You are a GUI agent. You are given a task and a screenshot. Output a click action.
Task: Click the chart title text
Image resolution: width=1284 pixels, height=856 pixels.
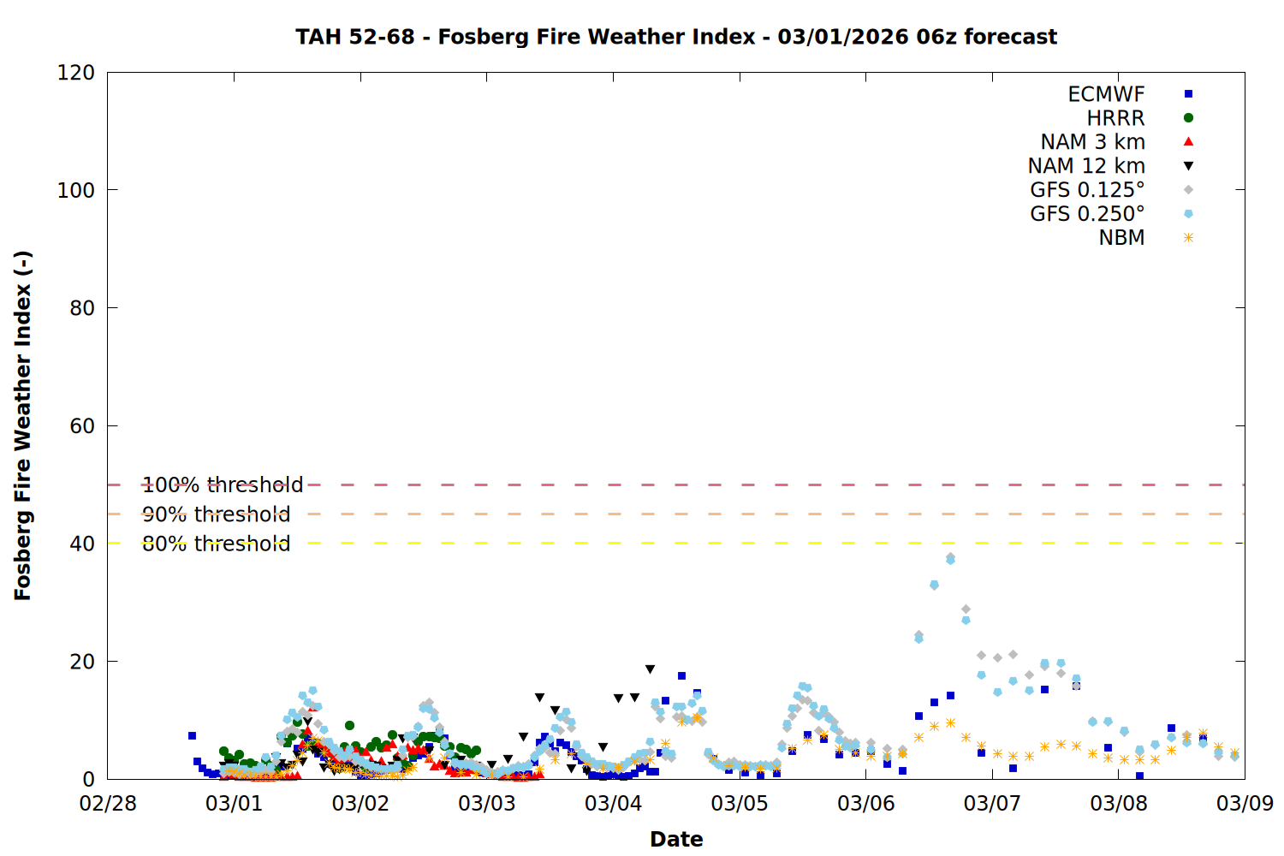point(676,37)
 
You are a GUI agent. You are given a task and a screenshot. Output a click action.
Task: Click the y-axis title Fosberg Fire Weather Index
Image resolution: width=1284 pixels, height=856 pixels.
point(23,425)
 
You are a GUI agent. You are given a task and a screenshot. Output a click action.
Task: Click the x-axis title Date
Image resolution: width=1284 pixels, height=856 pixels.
point(676,839)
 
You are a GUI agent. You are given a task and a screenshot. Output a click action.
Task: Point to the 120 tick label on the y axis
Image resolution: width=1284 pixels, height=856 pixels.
point(76,73)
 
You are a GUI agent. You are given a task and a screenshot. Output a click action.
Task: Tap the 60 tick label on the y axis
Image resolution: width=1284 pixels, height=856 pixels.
point(82,426)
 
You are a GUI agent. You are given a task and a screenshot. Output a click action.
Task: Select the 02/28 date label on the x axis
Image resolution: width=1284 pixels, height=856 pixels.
point(108,804)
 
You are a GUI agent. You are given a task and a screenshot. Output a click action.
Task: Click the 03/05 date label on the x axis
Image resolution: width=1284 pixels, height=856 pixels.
point(740,804)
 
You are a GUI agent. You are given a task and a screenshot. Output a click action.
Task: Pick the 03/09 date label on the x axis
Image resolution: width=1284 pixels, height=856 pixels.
point(1245,804)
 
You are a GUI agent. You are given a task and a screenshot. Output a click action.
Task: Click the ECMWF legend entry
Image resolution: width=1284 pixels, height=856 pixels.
point(1106,94)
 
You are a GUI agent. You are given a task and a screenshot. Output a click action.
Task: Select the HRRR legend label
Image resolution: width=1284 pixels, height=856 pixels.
point(1115,118)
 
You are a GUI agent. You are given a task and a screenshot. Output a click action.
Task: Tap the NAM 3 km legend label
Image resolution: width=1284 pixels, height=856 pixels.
point(1092,142)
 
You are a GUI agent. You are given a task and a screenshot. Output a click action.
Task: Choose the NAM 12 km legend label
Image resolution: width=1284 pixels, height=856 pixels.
point(1086,166)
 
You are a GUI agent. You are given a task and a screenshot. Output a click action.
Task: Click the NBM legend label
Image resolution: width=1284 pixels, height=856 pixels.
point(1121,238)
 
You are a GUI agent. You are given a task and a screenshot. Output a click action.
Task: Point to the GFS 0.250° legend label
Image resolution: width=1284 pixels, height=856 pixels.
point(1087,214)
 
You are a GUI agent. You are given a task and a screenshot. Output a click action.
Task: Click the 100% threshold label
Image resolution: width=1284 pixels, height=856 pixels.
point(223,485)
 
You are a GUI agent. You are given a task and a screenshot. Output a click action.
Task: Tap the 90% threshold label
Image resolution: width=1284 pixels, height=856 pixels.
point(216,514)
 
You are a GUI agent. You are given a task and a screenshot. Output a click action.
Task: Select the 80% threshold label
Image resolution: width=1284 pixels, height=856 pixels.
point(216,544)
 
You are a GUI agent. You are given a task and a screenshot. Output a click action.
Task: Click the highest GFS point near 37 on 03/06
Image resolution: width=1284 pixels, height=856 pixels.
point(950,558)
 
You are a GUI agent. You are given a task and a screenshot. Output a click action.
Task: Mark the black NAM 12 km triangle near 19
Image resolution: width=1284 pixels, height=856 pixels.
point(650,669)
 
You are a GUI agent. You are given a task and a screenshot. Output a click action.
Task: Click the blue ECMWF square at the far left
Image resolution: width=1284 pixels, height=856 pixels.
point(192,735)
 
